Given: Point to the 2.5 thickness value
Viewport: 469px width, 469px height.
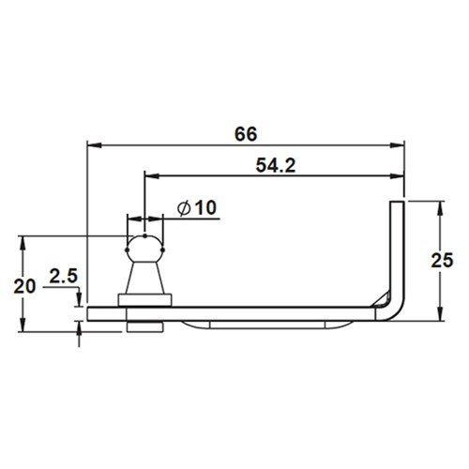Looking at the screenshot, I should (62, 277).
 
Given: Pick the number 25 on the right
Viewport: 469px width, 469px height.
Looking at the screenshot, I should (448, 259).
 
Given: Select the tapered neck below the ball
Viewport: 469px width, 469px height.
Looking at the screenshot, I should (145, 280).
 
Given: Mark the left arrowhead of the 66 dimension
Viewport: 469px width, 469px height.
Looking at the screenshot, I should (92, 144).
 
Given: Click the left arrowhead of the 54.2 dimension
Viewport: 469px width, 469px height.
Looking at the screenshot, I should (150, 174).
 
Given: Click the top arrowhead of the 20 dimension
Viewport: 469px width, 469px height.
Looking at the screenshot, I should (21, 240).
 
